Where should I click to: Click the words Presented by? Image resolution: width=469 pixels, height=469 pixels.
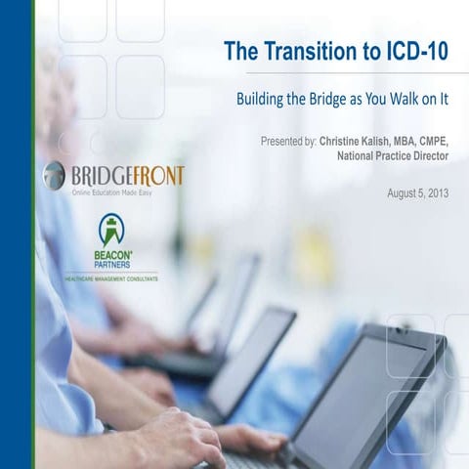pos(287,142)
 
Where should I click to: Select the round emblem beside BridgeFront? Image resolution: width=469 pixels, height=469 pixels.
pos(54,176)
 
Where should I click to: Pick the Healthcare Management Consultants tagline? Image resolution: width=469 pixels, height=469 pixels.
pos(111,277)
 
